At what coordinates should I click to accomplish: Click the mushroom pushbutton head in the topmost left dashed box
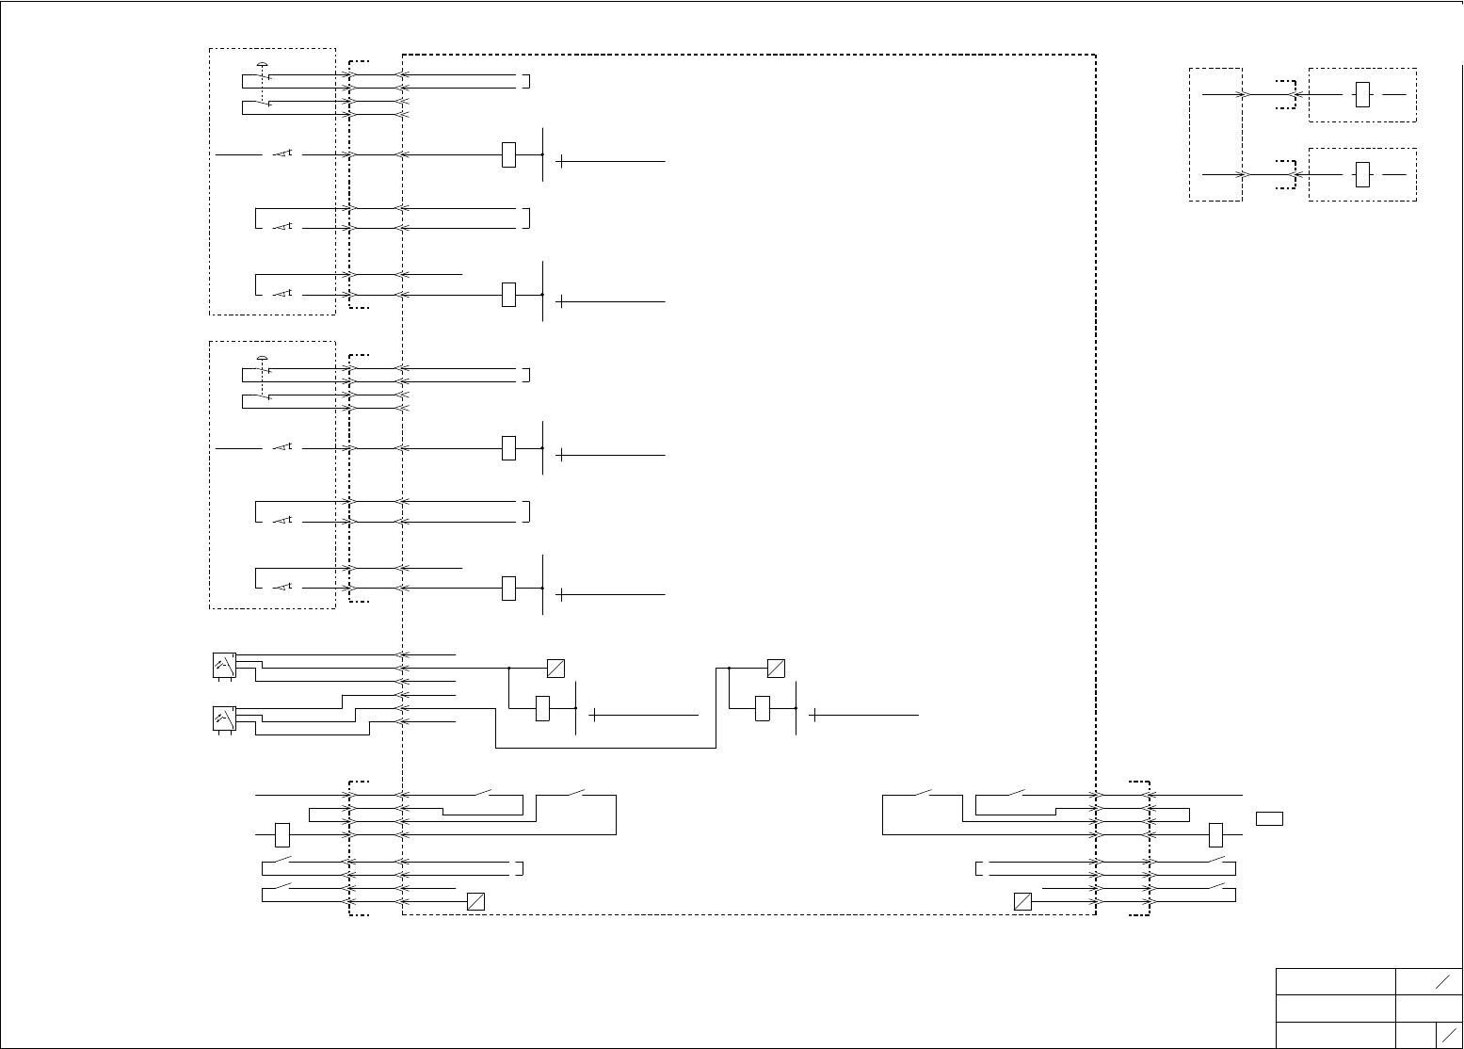(263, 64)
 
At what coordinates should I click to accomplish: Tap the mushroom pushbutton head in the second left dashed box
(263, 358)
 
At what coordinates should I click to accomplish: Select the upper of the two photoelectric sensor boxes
(224, 665)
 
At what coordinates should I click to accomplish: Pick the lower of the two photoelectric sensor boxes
(224, 718)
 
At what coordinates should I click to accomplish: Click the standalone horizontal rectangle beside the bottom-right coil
(1269, 818)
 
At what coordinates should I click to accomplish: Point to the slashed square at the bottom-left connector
(476, 901)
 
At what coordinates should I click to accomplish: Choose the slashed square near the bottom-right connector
(1023, 901)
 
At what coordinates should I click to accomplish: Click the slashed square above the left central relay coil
(555, 669)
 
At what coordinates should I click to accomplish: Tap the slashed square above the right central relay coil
(776, 669)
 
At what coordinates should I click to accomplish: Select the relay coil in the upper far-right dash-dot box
(1362, 95)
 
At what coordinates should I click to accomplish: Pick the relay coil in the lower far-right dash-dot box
(1362, 175)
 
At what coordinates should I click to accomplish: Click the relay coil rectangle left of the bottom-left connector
(282, 834)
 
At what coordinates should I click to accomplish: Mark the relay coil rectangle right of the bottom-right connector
(1215, 834)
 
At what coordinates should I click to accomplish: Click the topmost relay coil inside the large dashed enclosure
(509, 154)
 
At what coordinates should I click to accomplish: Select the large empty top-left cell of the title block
(1335, 981)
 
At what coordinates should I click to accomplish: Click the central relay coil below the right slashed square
(763, 708)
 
